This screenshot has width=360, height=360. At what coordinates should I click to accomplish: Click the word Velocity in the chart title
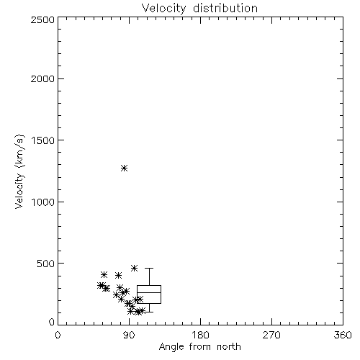[x=163, y=9]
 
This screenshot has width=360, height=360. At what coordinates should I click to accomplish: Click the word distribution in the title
[x=225, y=8]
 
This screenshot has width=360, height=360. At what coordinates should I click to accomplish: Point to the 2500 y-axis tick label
[x=42, y=19]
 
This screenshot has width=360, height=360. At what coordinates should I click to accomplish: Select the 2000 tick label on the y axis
[x=42, y=78]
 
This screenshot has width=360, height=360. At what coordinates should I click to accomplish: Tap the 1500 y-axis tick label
[x=43, y=140]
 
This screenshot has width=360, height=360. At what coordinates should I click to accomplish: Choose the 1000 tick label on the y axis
[x=43, y=202]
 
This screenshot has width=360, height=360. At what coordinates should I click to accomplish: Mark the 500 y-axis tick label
[x=46, y=264]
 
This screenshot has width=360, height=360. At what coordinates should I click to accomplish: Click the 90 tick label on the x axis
[x=129, y=335]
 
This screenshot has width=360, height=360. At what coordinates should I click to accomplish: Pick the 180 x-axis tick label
[x=200, y=335]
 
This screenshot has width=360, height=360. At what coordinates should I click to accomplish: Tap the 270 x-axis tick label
[x=271, y=335]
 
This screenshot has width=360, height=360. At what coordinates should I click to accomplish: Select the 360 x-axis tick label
[x=343, y=335]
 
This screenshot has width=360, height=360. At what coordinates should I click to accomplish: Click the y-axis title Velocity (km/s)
[x=19, y=171]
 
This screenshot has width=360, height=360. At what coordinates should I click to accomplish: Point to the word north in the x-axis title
[x=229, y=347]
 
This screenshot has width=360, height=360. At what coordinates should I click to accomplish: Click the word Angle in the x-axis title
[x=171, y=347]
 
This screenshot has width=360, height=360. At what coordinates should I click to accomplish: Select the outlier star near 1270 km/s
[x=124, y=168]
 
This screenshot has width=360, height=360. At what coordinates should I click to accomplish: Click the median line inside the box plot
[x=149, y=292]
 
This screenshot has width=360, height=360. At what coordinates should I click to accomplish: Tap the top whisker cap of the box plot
[x=149, y=268]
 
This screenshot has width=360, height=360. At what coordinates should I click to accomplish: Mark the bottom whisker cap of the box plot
[x=149, y=312]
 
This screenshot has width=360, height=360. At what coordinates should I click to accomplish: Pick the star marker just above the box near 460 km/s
[x=135, y=268]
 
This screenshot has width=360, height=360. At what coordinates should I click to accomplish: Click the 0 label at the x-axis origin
[x=58, y=335]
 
